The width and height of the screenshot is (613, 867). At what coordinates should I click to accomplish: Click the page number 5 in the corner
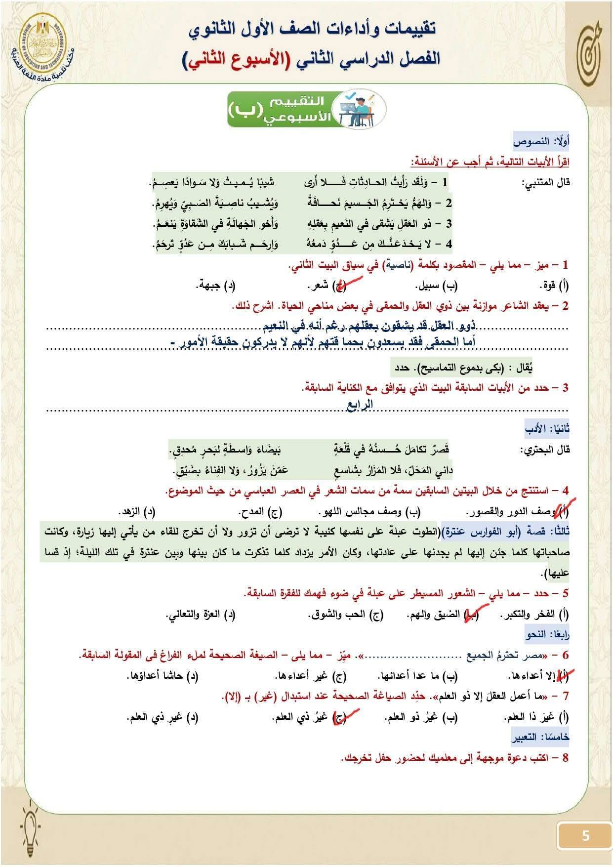585,835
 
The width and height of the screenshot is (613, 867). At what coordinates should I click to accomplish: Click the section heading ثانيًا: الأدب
547,429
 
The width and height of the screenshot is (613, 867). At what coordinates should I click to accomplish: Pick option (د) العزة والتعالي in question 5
201,615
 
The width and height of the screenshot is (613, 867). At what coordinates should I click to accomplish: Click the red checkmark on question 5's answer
469,615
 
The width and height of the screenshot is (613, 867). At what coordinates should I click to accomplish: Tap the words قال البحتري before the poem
545,450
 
